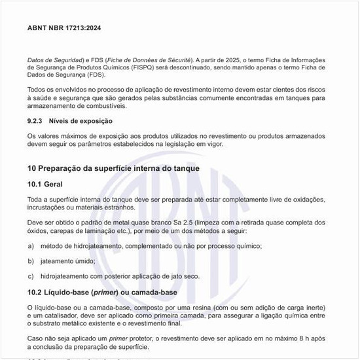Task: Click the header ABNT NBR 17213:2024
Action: (x=64, y=28)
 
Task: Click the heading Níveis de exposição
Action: (x=81, y=121)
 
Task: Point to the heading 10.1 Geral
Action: (x=45, y=185)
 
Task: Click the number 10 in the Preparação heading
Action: (x=32, y=168)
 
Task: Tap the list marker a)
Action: (x=31, y=246)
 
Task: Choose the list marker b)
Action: (x=31, y=261)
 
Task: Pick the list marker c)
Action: (x=31, y=277)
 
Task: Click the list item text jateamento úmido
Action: (x=68, y=261)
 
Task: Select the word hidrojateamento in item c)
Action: (x=67, y=277)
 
